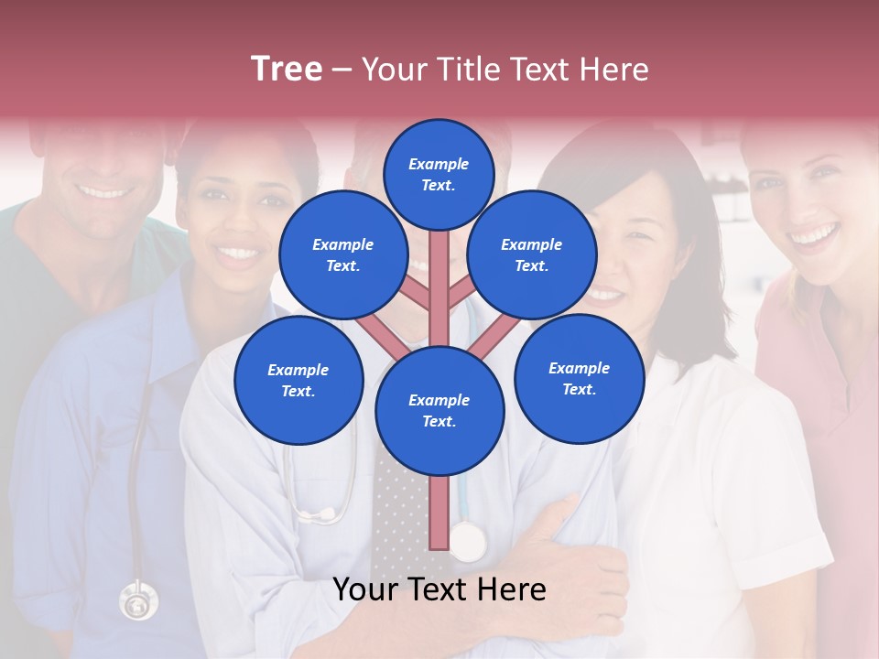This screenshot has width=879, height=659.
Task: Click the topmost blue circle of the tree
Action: pos(439,174)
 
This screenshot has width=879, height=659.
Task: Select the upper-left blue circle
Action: pos(343,254)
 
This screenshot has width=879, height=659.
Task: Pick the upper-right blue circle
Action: pos(532,254)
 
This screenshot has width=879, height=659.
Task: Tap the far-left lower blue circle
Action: pos(298,380)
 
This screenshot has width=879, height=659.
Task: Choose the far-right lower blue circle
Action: pos(579,378)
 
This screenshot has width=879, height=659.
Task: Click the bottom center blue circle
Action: pos(439,411)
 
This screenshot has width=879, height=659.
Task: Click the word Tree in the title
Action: pos(287,69)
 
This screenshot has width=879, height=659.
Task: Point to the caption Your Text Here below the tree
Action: pos(439,590)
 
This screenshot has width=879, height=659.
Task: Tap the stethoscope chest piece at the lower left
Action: pos(138,602)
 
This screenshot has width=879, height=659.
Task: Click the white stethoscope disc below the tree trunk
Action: pos(468,542)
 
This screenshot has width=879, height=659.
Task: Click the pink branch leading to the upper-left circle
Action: pos(417,296)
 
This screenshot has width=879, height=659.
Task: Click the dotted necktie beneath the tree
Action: pos(398,513)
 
